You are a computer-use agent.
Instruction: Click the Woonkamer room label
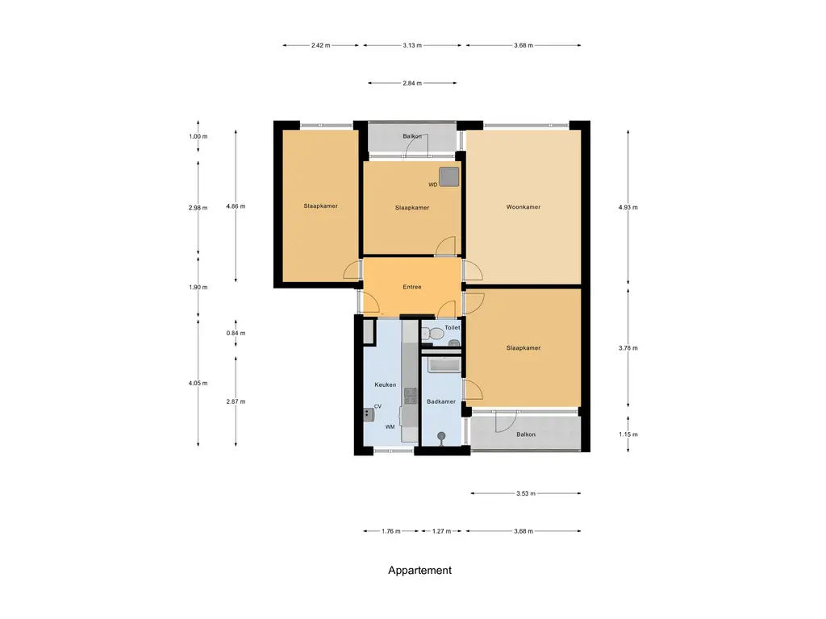[x=523, y=207]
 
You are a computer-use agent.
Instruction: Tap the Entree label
[x=412, y=287]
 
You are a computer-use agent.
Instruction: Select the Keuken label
[x=385, y=385]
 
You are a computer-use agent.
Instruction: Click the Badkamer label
[x=441, y=401]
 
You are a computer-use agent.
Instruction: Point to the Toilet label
[x=452, y=328]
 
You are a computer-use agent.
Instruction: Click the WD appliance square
[x=448, y=177]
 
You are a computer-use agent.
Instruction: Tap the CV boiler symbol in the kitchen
[x=369, y=414]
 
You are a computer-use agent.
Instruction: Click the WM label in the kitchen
[x=390, y=426]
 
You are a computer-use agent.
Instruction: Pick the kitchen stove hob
[x=410, y=396]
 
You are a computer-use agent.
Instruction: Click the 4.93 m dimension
[x=628, y=207]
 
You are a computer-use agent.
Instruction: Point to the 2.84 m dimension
[x=412, y=82]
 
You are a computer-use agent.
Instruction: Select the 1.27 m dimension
[x=441, y=531]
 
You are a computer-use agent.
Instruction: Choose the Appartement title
[x=419, y=570]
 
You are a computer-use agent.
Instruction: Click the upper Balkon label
[x=412, y=136]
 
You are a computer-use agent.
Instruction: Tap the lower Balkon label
[x=525, y=434]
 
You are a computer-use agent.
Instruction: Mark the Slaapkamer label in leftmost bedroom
[x=320, y=206]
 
